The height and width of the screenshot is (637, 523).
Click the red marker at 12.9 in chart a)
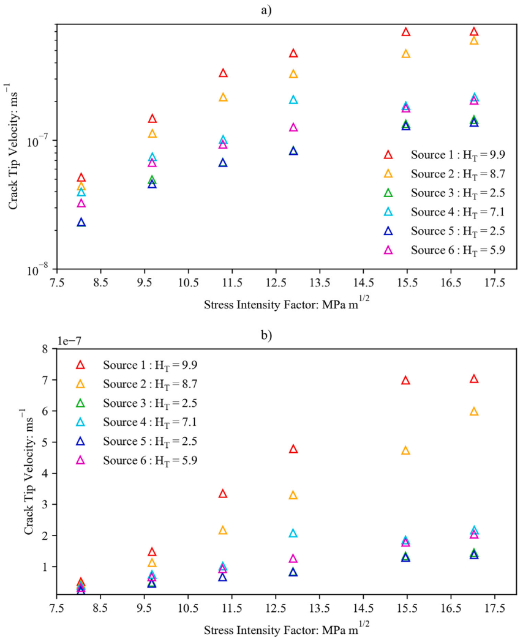tap(293, 54)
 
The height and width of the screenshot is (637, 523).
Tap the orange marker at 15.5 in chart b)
tap(405, 451)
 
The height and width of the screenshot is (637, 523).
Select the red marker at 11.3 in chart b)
tap(223, 494)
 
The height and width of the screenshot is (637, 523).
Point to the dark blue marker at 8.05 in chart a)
tap(81, 223)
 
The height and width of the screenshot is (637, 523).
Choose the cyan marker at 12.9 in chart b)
tap(293, 534)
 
